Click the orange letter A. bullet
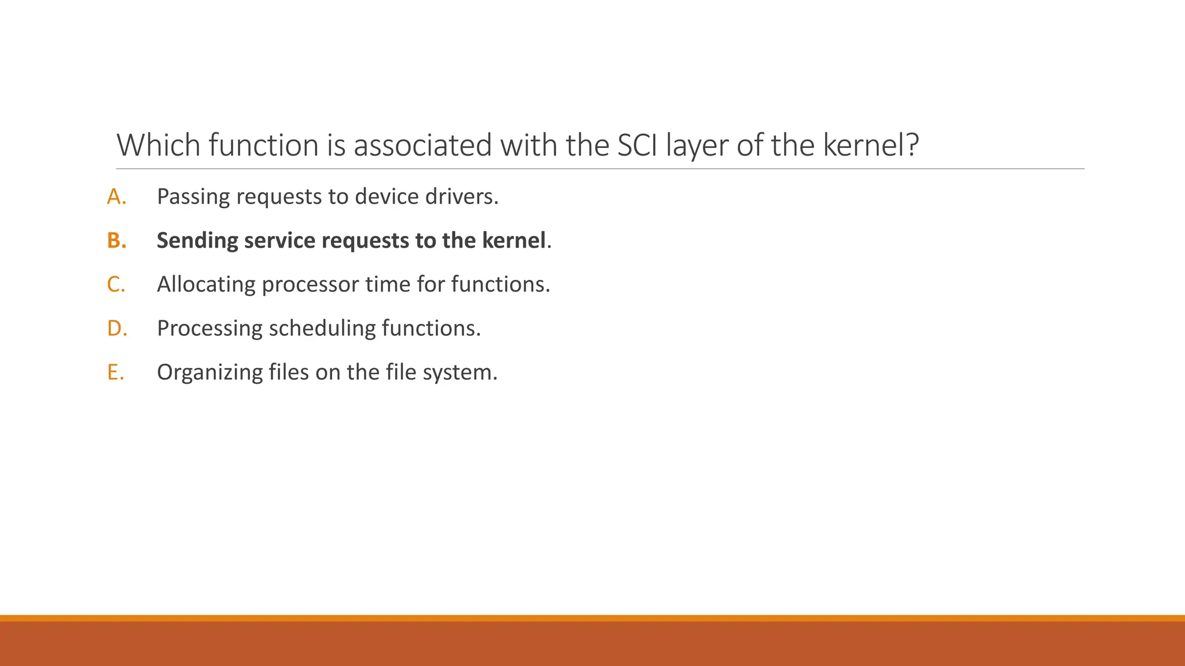pyautogui.click(x=116, y=197)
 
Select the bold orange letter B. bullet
pyautogui.click(x=116, y=240)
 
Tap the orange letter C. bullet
pyautogui.click(x=116, y=284)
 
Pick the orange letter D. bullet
pyautogui.click(x=116, y=328)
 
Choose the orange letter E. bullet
pyautogui.click(x=115, y=372)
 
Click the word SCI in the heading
pyautogui.click(x=637, y=145)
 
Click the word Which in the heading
pyautogui.click(x=158, y=145)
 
